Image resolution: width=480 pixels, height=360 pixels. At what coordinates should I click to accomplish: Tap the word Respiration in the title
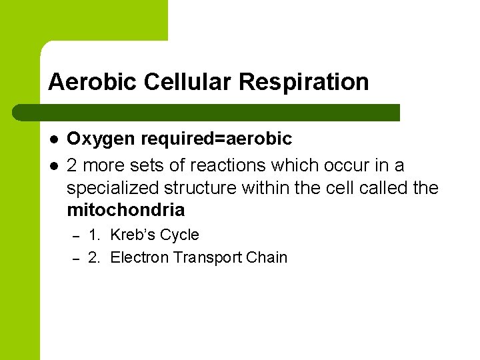pyautogui.click(x=303, y=82)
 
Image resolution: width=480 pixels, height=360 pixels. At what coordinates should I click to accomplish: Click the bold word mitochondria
pyautogui.click(x=125, y=210)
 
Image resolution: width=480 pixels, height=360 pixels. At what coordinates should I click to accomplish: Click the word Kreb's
pyautogui.click(x=134, y=235)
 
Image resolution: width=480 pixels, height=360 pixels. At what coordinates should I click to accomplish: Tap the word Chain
pyautogui.click(x=268, y=257)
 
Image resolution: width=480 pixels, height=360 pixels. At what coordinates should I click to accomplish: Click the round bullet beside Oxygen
pyautogui.click(x=53, y=139)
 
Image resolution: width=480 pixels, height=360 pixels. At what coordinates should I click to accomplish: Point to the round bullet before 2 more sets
pyautogui.click(x=53, y=165)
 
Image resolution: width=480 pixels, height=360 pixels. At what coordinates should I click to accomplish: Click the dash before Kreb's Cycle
pyautogui.click(x=76, y=235)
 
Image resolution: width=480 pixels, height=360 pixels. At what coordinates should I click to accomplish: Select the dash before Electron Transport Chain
pyautogui.click(x=76, y=258)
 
